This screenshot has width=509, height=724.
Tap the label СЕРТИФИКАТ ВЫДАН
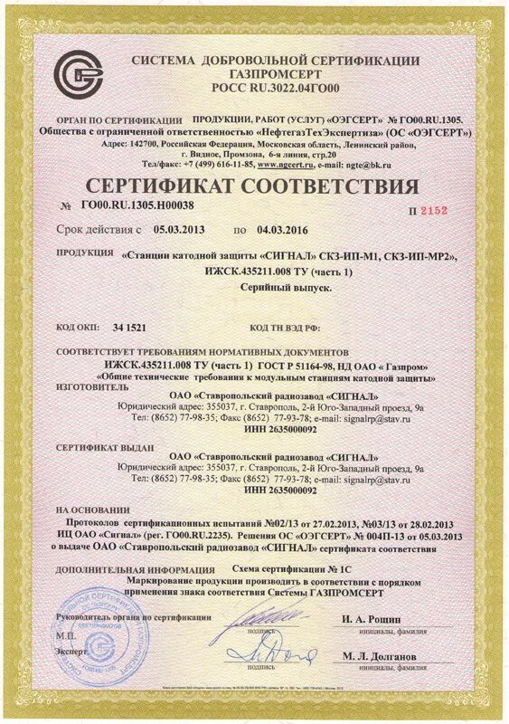tap(104, 447)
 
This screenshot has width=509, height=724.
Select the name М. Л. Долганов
tap(380, 655)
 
